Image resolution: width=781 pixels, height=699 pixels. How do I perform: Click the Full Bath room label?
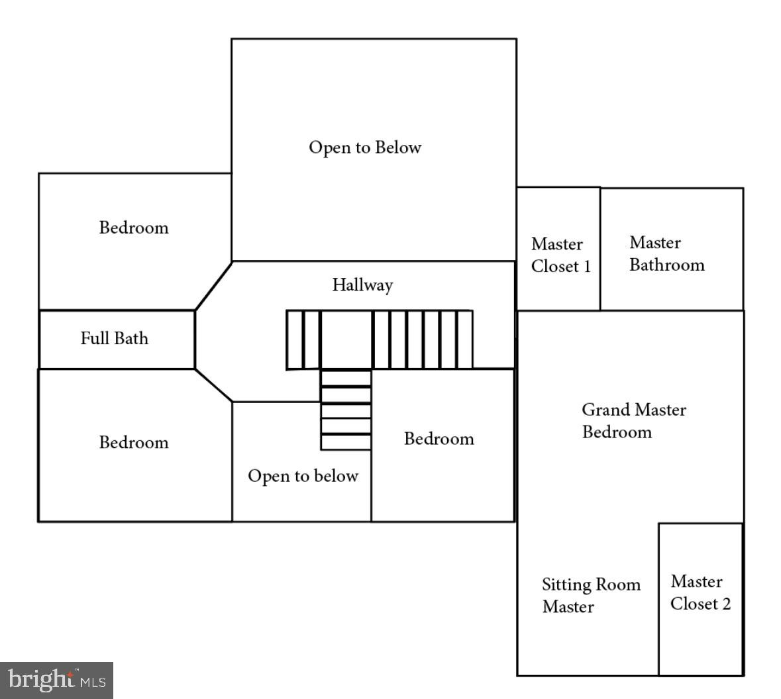pyautogui.click(x=114, y=338)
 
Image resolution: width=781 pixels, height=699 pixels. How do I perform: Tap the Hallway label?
pyautogui.click(x=362, y=285)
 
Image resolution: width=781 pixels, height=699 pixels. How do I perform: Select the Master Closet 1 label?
pyautogui.click(x=560, y=255)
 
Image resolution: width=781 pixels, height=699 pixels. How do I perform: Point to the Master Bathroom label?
pyautogui.click(x=666, y=254)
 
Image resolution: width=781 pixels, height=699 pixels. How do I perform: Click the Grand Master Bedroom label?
pyautogui.click(x=633, y=421)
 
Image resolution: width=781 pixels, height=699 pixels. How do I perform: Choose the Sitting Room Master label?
pyautogui.click(x=591, y=595)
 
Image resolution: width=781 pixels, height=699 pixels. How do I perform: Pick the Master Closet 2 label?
pyautogui.click(x=700, y=592)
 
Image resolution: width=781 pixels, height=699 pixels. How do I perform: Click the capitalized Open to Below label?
pyautogui.click(x=364, y=147)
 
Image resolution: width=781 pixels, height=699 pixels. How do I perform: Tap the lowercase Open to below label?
pyautogui.click(x=303, y=476)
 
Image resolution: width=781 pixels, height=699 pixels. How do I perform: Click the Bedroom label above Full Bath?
pyautogui.click(x=134, y=228)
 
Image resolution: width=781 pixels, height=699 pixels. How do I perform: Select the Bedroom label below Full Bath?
pyautogui.click(x=134, y=442)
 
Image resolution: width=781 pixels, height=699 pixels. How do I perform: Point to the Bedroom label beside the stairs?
pyautogui.click(x=439, y=439)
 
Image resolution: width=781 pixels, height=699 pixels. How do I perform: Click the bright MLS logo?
pyautogui.click(x=56, y=680)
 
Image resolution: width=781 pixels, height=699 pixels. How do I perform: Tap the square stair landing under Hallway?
pyautogui.click(x=346, y=340)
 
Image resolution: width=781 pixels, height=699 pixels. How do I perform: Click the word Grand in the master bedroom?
pyautogui.click(x=605, y=410)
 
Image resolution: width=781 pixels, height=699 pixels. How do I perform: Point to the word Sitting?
pyautogui.click(x=566, y=584)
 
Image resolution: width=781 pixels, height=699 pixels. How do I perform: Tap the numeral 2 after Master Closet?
pyautogui.click(x=726, y=604)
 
